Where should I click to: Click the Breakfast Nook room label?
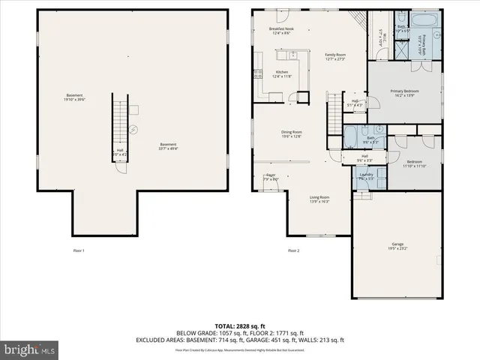pyautogui.click(x=280, y=31)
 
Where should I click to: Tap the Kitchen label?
pyautogui.click(x=281, y=53)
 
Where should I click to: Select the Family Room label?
pyautogui.click(x=334, y=57)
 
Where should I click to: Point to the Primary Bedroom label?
pyautogui.click(x=405, y=93)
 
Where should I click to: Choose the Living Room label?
pyautogui.click(x=319, y=199)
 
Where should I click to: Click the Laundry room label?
pyautogui.click(x=366, y=177)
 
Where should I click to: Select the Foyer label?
pyautogui.click(x=271, y=177)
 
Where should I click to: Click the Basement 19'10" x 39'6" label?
pyautogui.click(x=74, y=97)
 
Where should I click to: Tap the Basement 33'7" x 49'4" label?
pyautogui.click(x=168, y=146)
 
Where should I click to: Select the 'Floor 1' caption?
pyautogui.click(x=79, y=250)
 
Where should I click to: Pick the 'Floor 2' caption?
pyautogui.click(x=293, y=250)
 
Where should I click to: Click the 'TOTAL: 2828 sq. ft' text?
pyautogui.click(x=240, y=325)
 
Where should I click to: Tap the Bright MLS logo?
pyautogui.click(x=29, y=349)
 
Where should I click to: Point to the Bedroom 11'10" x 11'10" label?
pyautogui.click(x=415, y=164)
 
